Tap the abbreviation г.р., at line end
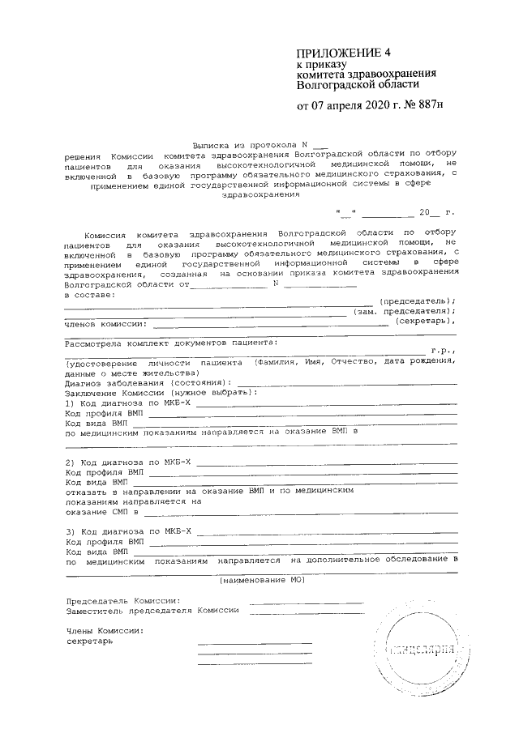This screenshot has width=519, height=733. point(442,351)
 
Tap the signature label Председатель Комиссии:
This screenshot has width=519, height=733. point(122,602)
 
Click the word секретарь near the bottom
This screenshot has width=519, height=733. point(90,641)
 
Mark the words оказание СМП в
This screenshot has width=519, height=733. point(101,512)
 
